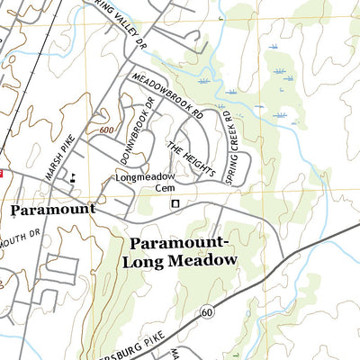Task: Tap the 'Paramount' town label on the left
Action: pyautogui.click(x=52, y=209)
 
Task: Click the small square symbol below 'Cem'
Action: pyautogui.click(x=175, y=204)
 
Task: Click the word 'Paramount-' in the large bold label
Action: pyautogui.click(x=182, y=243)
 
